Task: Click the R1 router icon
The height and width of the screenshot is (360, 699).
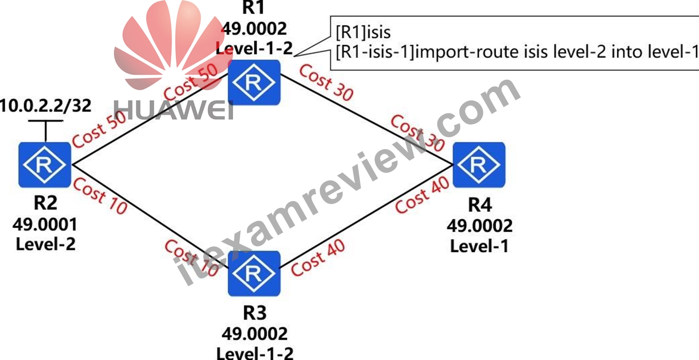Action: click(254, 82)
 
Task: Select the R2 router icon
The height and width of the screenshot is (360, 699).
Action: click(45, 165)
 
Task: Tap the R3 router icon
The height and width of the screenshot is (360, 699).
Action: click(254, 273)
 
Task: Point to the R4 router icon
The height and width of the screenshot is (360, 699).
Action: click(479, 165)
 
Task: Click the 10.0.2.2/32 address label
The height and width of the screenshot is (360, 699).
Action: click(46, 106)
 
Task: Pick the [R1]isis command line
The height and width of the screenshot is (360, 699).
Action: click(363, 32)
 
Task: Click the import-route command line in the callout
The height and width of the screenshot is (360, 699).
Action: click(517, 52)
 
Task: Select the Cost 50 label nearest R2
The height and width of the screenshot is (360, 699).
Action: click(99, 130)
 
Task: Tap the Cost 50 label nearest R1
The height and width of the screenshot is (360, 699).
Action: click(191, 82)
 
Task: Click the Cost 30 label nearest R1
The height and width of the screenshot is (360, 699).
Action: click(326, 82)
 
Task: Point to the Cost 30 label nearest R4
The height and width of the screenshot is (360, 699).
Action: click(417, 133)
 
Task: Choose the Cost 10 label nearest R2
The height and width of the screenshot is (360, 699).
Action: click(100, 196)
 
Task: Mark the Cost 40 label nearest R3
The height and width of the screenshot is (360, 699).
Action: click(318, 258)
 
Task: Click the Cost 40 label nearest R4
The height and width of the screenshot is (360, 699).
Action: click(422, 196)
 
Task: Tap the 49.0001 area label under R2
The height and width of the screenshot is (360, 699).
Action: click(45, 225)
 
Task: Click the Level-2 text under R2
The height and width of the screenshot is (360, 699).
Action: click(46, 244)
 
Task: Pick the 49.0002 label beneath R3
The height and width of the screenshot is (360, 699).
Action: click(254, 334)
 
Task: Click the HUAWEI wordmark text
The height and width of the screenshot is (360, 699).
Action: click(174, 110)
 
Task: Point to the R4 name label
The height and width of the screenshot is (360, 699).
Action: click(480, 205)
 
